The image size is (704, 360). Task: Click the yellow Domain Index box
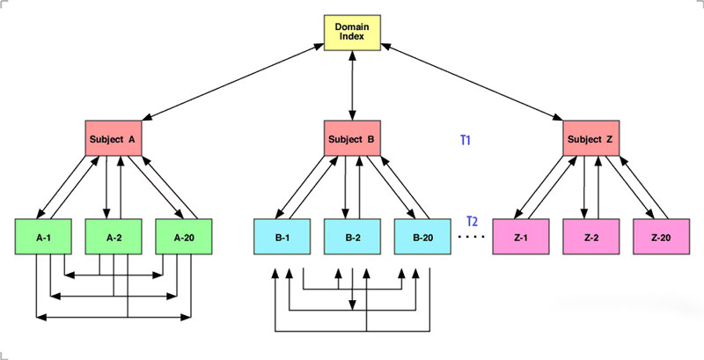(353, 32)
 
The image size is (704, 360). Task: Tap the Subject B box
(353, 138)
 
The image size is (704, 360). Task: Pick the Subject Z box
(591, 138)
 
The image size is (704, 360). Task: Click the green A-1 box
(43, 237)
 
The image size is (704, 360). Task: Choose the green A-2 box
(114, 237)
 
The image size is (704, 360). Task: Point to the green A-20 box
(184, 237)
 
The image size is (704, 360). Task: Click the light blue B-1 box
(281, 237)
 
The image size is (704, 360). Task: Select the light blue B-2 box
(353, 237)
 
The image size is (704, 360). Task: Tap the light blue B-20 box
(423, 237)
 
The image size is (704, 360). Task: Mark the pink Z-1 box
(521, 237)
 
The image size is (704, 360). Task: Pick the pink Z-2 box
(591, 237)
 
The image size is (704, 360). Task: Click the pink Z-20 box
(662, 237)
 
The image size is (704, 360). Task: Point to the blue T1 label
(467, 139)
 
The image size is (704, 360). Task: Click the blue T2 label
(472, 219)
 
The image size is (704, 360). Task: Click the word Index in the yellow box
(353, 38)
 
